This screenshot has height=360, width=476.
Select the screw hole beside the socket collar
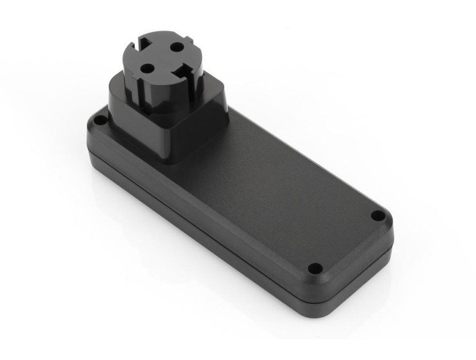click(x=101, y=121)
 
